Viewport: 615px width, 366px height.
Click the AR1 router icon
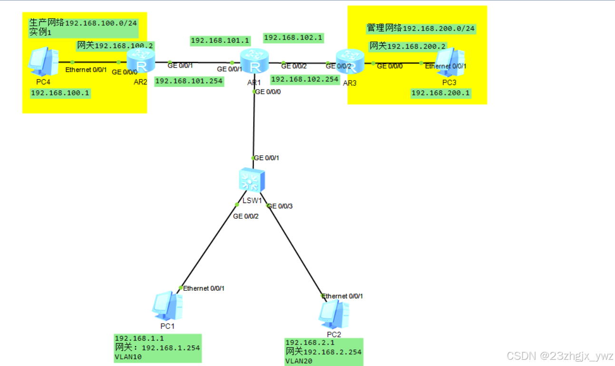tap(254, 61)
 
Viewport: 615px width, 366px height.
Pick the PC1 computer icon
tap(167, 306)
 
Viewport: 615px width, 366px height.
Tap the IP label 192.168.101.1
tap(220, 41)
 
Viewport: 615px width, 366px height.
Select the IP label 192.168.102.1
tap(293, 38)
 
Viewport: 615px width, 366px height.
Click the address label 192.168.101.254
tap(189, 81)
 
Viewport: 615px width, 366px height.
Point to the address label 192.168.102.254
tap(305, 80)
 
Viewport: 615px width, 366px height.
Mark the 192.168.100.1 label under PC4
tap(60, 93)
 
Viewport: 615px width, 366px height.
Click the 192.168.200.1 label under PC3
tap(440, 93)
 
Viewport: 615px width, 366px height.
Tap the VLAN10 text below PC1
tap(128, 356)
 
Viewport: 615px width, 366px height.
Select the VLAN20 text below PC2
tap(298, 361)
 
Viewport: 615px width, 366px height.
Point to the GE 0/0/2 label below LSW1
tap(245, 216)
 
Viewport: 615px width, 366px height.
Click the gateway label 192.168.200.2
tap(408, 46)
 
